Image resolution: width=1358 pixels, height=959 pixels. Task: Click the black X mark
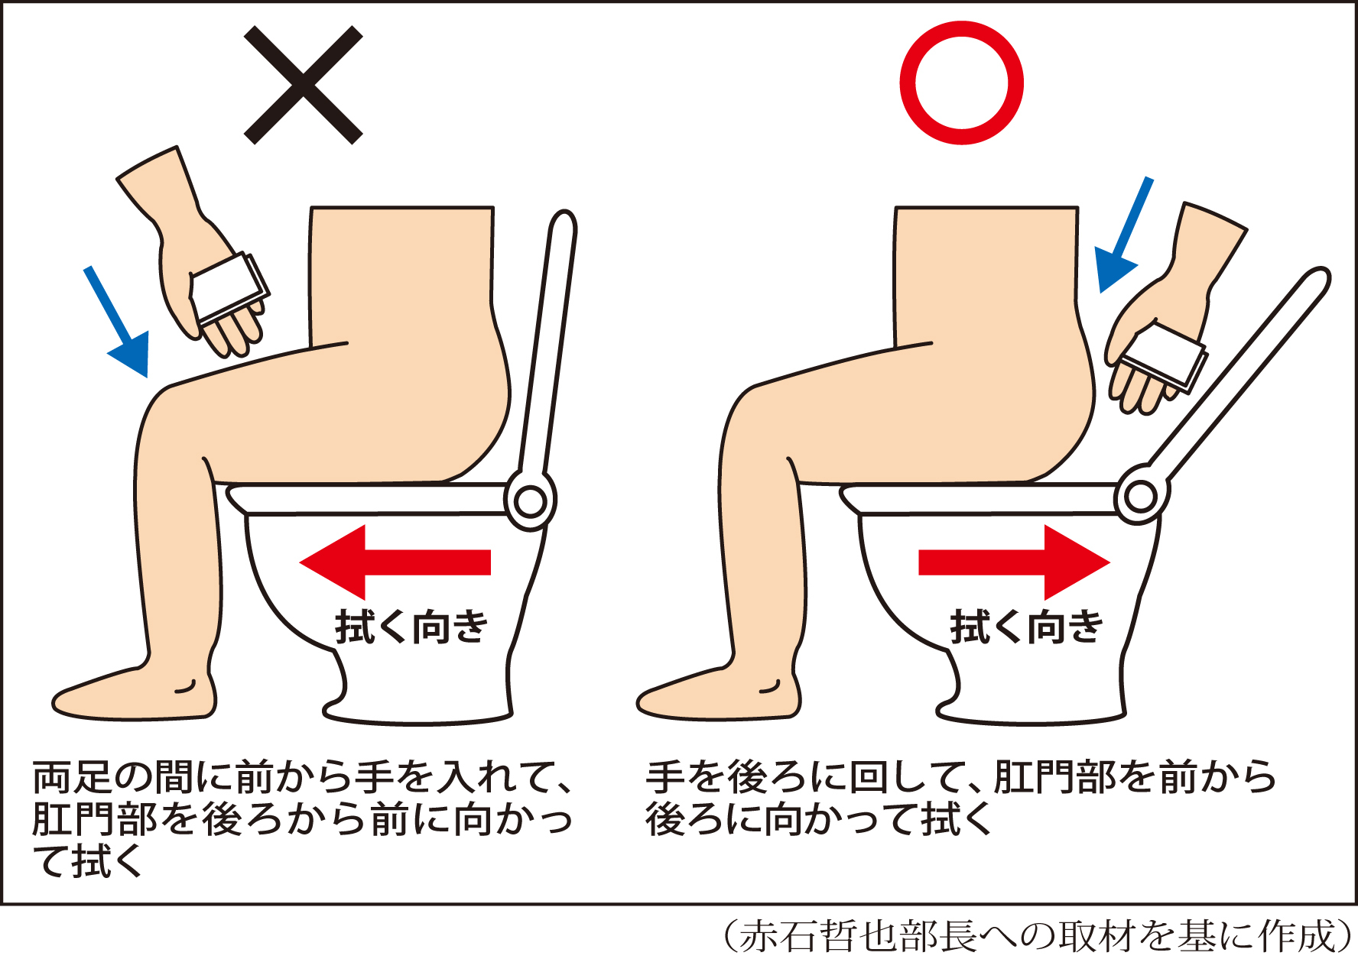(304, 85)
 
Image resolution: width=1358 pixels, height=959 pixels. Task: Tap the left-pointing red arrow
(395, 562)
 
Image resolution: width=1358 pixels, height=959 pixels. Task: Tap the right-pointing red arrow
(1014, 562)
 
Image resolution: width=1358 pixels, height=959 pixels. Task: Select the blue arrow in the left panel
(116, 322)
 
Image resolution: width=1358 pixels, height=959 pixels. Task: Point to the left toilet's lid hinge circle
(530, 501)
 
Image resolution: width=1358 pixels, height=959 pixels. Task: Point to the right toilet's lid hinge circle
(1140, 497)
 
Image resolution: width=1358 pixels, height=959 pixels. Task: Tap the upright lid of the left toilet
(547, 344)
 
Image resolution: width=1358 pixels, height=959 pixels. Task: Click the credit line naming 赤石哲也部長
(1035, 935)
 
